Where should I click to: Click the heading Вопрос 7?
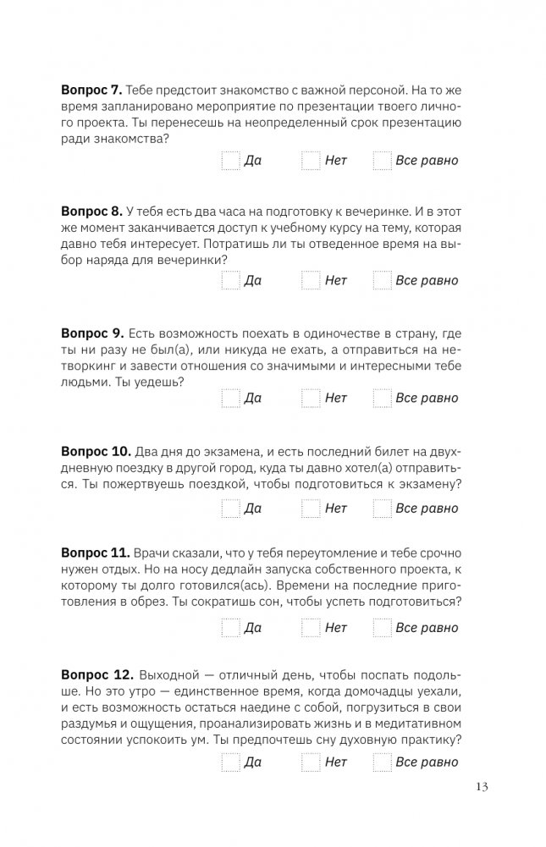92,89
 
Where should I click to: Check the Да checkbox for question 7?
230,161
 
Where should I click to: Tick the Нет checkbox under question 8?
311,280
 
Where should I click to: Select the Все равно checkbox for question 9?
382,398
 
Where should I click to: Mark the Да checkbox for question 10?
230,509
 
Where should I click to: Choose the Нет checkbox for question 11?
311,628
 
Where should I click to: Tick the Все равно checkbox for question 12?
382,762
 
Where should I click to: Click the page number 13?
482,788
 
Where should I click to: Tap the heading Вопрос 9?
92,330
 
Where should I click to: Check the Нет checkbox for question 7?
311,161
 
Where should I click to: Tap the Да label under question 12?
252,762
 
